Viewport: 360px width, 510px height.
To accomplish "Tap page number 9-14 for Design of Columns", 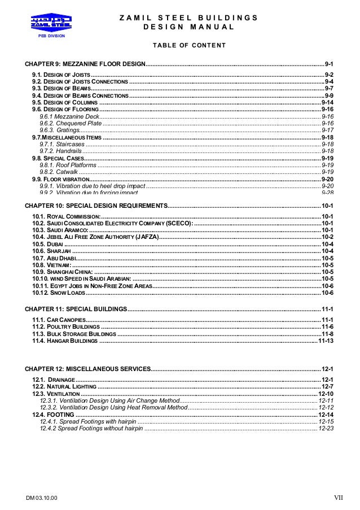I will tap(327, 102).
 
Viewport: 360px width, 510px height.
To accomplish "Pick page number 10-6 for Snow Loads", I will tap(327, 293).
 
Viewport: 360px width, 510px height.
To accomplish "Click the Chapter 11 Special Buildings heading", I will tap(76, 309).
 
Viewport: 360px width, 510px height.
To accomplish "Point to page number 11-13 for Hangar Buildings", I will tap(326, 341).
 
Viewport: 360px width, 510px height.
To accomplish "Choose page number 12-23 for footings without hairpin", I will tap(326, 429).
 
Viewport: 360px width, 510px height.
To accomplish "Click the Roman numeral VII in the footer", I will tap(338, 498).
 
